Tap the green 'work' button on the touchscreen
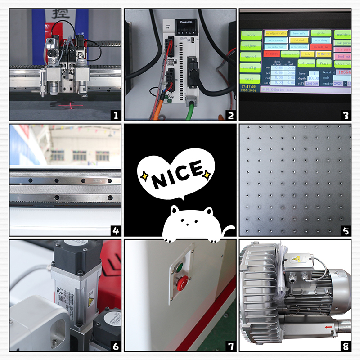(251, 35)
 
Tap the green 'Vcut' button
(324, 63)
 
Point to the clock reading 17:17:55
(249, 85)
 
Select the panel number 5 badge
(345, 231)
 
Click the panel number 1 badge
(116, 116)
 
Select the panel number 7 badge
(230, 346)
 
